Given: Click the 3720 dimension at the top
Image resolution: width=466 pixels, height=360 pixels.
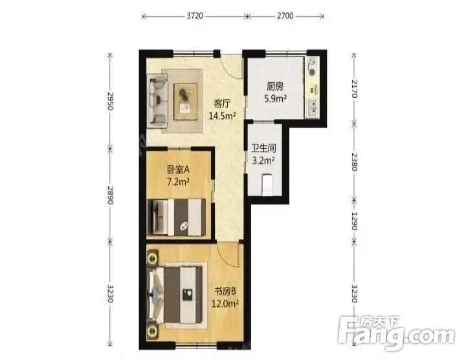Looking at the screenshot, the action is [x=195, y=16].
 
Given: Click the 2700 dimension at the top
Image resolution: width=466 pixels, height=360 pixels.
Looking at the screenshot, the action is [x=285, y=16].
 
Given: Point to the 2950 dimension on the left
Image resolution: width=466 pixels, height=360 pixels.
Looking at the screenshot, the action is [x=110, y=101].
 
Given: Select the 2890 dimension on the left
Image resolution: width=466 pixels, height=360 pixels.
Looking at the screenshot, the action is [x=110, y=195].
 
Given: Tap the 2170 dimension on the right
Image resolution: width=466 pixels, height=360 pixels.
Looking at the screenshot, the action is [x=353, y=89].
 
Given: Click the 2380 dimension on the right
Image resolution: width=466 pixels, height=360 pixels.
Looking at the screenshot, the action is [x=353, y=162].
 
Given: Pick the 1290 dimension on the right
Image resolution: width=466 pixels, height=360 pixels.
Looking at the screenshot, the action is [x=353, y=221].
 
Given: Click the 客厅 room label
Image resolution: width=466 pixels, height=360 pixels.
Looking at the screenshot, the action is [x=222, y=104].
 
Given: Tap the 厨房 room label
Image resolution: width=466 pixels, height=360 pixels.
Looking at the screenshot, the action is [x=275, y=87].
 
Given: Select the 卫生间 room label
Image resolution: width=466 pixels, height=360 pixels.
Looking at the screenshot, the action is [x=263, y=148].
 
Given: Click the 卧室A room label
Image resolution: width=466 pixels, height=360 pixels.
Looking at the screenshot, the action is [x=178, y=170].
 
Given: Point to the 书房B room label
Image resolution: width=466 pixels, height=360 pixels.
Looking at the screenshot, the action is [x=225, y=291].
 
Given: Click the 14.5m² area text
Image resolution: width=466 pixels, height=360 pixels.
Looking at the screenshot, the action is [x=222, y=116].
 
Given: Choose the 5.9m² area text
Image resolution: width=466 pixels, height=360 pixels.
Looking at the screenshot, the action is [x=275, y=98].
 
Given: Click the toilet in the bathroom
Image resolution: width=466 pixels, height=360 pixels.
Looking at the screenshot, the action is [x=267, y=185].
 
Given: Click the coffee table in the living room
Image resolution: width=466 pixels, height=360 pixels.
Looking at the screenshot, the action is [x=186, y=102].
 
